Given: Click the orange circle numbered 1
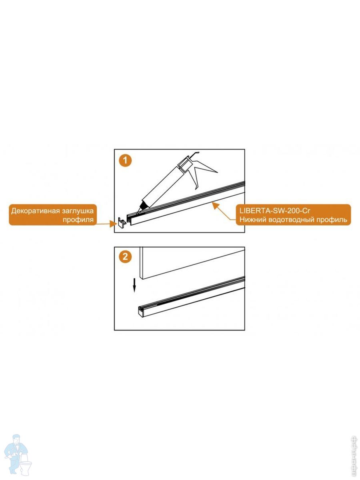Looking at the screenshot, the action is [x=125, y=160].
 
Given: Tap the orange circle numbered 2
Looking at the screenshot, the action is [x=125, y=256].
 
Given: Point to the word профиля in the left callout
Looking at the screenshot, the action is [x=78, y=220].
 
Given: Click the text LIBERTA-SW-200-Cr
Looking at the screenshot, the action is [x=274, y=211].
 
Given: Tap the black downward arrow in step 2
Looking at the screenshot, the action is [x=135, y=285].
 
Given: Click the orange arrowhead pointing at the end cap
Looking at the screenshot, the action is [x=114, y=224].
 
